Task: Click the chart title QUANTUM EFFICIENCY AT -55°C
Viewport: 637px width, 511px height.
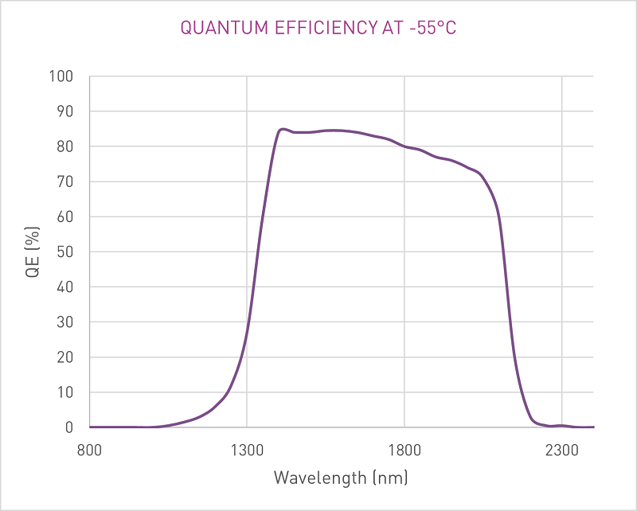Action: (318, 28)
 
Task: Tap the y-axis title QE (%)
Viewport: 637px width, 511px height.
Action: (33, 252)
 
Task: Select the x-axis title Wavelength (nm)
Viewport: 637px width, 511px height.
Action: (341, 478)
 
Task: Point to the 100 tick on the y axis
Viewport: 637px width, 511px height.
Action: (61, 77)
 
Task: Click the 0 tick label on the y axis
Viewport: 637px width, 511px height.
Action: (68, 427)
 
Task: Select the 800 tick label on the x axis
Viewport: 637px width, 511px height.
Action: (89, 450)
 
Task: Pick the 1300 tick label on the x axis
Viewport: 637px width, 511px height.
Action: (247, 450)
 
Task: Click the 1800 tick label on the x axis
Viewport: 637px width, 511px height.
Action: (404, 450)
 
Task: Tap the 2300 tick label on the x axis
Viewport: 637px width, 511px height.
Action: (562, 450)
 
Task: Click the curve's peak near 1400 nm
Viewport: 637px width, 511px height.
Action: (282, 129)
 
